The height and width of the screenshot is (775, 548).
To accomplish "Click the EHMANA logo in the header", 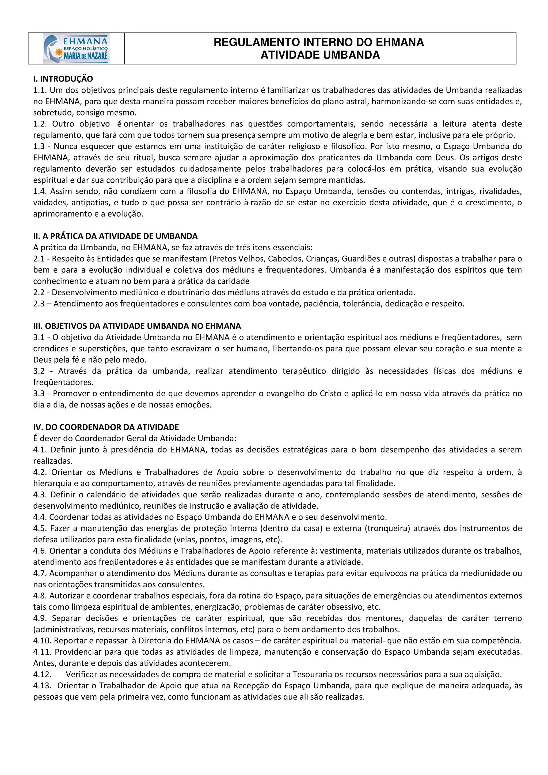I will [x=76, y=49].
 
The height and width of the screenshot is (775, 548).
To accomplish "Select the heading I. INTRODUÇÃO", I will [x=63, y=79].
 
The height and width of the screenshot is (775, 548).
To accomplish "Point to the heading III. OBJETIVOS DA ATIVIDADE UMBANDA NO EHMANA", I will [x=137, y=326].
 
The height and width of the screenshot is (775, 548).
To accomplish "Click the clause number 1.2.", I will [x=40, y=124].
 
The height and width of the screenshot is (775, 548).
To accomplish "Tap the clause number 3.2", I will [x=39, y=371].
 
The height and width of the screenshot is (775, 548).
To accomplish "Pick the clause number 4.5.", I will [x=40, y=528].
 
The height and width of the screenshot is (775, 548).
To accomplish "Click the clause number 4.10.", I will [x=41, y=641].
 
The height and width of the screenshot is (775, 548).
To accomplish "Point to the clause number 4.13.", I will [x=42, y=686].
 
